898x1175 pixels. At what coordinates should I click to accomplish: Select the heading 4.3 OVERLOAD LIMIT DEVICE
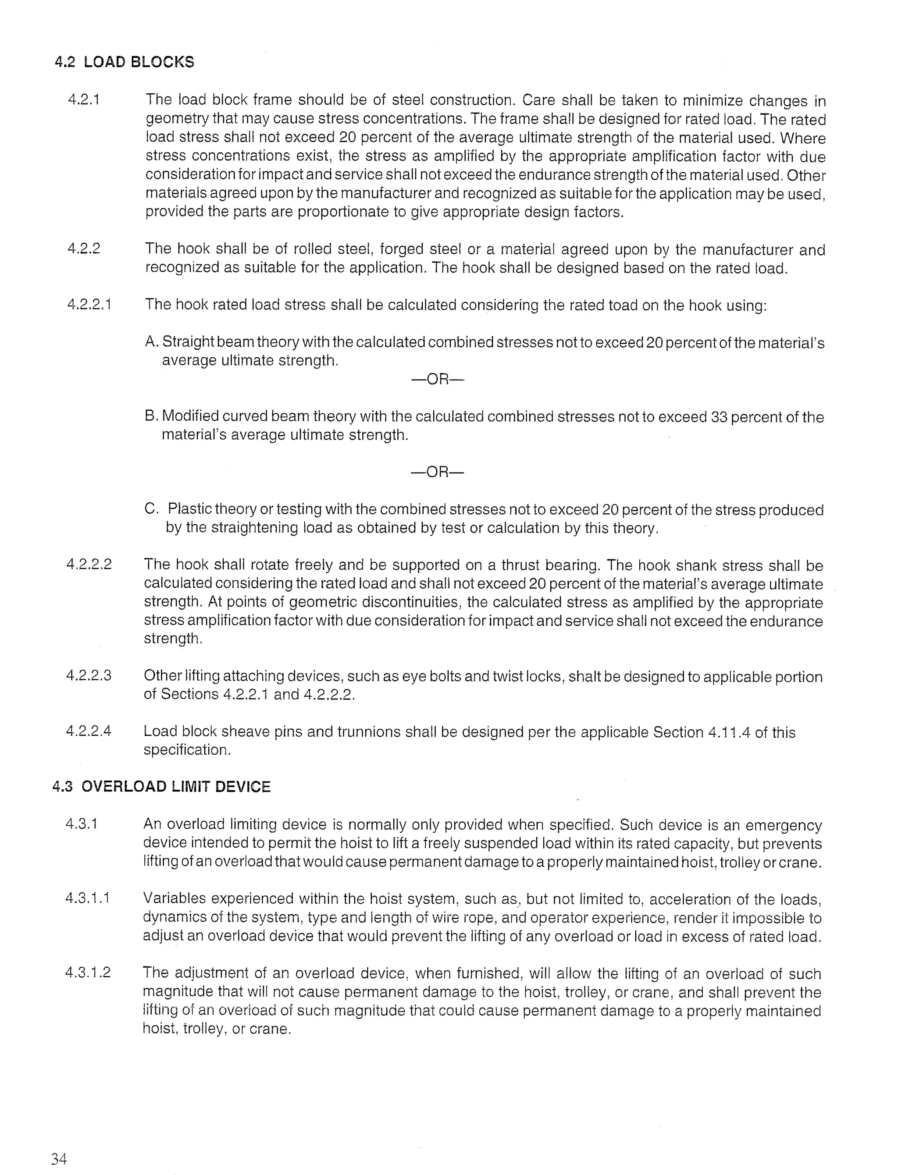click(161, 787)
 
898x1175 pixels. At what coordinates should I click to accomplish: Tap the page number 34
click(59, 1158)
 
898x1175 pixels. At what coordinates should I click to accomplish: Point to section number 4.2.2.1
click(89, 305)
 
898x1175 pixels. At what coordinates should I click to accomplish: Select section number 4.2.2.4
click(89, 731)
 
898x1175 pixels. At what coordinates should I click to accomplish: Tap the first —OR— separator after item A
click(437, 380)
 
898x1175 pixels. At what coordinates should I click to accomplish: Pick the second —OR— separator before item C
click(437, 472)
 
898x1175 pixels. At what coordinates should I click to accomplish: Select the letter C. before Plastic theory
click(151, 509)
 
